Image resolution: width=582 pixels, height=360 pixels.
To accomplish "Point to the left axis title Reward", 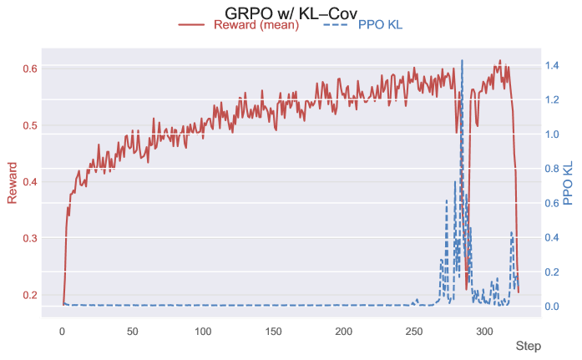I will coord(13,183).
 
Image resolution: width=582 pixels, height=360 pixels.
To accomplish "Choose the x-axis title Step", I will coord(527,346).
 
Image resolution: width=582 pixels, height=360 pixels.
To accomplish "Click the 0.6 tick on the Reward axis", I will coord(28,68).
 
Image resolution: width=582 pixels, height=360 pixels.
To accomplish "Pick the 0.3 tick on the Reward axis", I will coord(28,238).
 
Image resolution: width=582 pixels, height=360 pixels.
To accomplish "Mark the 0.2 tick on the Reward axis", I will coord(28,295).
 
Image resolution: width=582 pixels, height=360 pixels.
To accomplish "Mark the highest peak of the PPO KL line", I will coord(462,60).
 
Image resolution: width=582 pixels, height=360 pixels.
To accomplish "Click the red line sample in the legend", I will coord(191,25).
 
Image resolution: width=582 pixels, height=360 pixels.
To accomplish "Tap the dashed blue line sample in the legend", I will coord(336,25).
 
